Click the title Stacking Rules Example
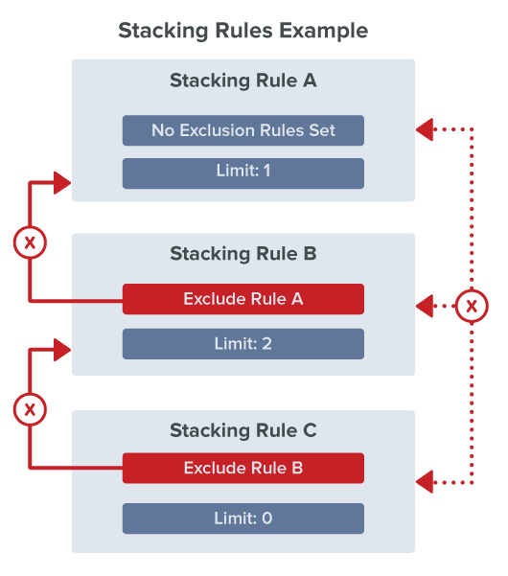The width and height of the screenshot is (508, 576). click(242, 31)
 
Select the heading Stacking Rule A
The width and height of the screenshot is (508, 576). click(242, 81)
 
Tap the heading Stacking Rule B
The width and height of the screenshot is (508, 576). click(242, 254)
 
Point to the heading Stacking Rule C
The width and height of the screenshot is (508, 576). click(242, 430)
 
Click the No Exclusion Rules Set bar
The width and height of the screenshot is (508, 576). click(242, 130)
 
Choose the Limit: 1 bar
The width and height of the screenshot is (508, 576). click(242, 173)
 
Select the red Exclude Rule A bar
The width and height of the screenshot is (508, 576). click(242, 299)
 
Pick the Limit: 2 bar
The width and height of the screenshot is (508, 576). click(242, 343)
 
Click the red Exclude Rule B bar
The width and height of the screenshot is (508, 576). click(242, 469)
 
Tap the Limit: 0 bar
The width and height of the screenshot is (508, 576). click(242, 518)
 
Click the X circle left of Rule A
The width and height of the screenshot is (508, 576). click(30, 242)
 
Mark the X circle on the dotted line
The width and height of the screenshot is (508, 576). click(471, 307)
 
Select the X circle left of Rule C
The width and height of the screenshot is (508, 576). click(30, 410)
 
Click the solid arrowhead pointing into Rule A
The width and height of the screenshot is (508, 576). click(63, 182)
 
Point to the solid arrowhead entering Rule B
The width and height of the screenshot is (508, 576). click(63, 351)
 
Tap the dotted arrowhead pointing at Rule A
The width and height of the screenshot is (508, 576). click(424, 127)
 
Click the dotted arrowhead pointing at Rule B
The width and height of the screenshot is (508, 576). click(424, 307)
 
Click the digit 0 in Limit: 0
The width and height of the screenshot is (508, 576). click(267, 518)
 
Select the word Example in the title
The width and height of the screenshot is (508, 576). click(323, 31)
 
